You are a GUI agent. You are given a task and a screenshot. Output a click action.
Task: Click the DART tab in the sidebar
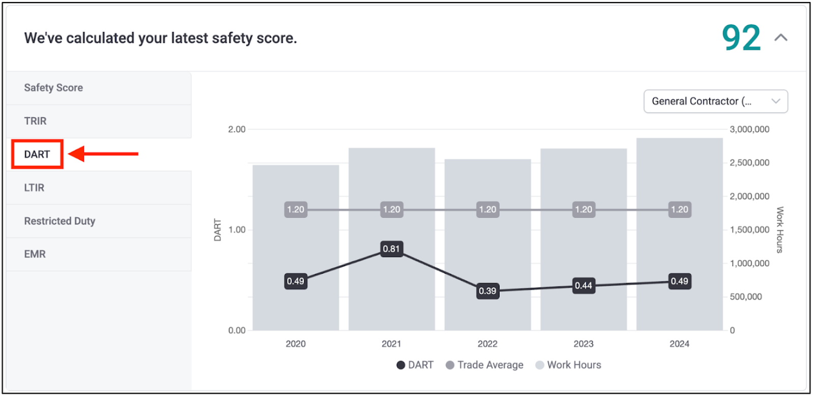[37, 154]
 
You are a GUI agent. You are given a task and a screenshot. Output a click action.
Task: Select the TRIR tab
[36, 121]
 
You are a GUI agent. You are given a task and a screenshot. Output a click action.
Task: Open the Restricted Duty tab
[60, 221]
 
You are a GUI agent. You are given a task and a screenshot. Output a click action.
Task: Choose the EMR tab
[35, 254]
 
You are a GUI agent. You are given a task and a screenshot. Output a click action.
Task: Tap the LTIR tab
[34, 188]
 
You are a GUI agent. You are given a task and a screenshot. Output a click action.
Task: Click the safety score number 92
[741, 38]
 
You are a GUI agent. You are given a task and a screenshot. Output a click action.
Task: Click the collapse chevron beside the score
[781, 38]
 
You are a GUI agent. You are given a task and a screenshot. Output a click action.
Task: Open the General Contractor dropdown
[715, 101]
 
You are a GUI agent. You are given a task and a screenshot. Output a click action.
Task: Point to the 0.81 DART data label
[391, 249]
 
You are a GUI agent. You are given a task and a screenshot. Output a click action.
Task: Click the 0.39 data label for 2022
[487, 291]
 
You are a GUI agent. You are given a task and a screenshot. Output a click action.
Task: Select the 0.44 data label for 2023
[584, 286]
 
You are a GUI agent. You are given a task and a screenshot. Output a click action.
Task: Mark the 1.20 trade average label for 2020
[296, 210]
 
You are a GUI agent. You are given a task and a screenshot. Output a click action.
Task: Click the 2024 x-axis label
[679, 344]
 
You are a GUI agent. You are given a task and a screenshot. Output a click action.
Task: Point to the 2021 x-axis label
[391, 344]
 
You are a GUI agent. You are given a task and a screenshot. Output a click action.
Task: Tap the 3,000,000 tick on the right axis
[749, 129]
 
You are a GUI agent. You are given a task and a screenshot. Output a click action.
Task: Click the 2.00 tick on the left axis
[237, 129]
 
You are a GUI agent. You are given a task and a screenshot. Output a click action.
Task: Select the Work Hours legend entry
[568, 365]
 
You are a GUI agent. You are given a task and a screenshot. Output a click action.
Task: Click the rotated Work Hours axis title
[780, 230]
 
